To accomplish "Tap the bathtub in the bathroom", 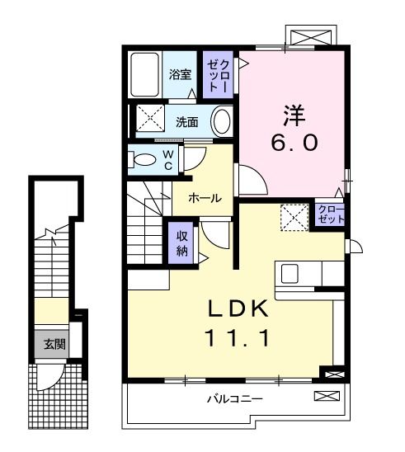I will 146,75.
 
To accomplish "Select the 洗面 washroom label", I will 186,123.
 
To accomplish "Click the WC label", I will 167,159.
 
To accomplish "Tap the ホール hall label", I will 204,198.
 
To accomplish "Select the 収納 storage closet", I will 182,242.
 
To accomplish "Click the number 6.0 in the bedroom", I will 292,143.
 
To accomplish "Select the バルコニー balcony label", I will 233,399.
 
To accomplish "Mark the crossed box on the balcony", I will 327,398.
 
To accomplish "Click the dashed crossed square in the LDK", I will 292,218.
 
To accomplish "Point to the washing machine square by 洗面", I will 150,120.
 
